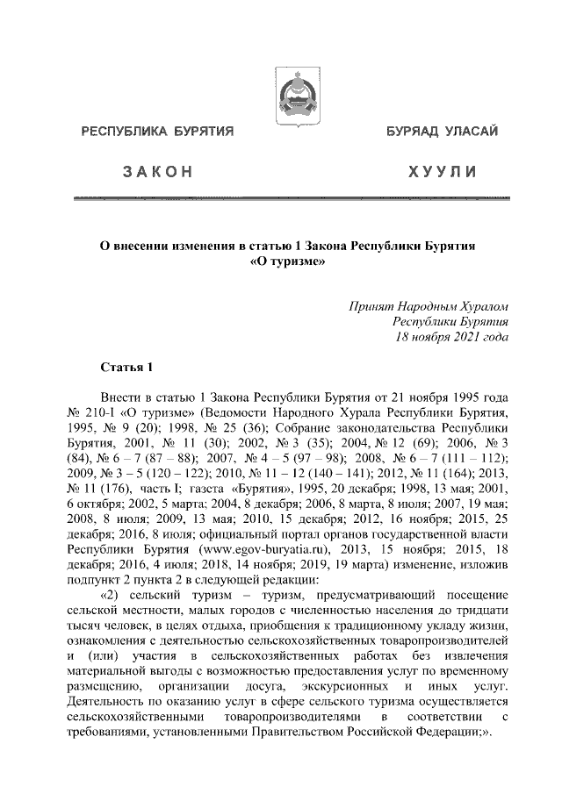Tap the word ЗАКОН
click(158, 172)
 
